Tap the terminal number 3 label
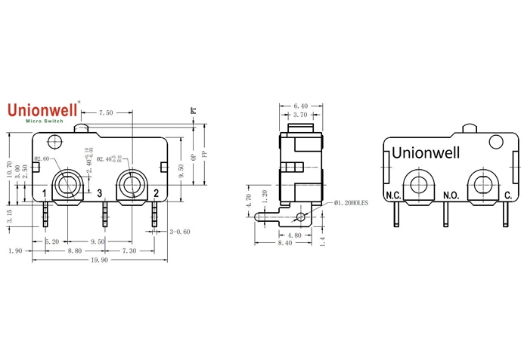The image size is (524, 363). point(100,193)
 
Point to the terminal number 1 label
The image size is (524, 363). point(45,193)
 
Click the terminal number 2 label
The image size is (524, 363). point(156,193)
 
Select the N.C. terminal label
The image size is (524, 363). point(393,196)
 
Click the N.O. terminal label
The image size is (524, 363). point(451,196)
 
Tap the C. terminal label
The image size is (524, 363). point(507,196)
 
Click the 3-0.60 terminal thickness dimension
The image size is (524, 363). point(180,232)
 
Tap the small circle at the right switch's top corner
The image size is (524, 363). point(496,141)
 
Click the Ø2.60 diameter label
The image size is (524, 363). point(42,158)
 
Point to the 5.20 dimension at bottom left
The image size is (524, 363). point(52,241)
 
